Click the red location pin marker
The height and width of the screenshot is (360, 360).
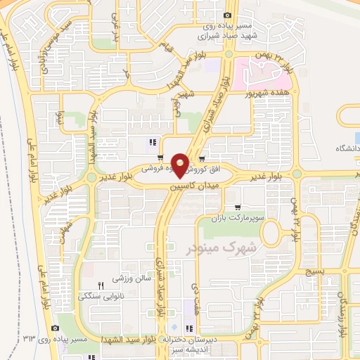point(181,163)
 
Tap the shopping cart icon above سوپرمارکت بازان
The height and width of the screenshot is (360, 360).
point(238,207)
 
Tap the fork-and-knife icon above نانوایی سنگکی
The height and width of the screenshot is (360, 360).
point(101,285)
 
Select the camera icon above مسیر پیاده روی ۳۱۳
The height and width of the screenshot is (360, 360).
point(56,328)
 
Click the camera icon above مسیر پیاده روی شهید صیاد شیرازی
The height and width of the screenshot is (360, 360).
point(227,15)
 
